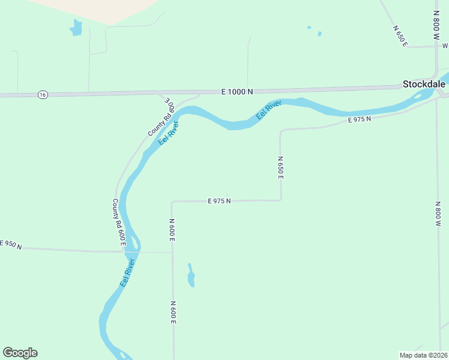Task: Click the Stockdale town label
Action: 423,84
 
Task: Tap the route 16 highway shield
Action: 41,95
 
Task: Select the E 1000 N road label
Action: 237,92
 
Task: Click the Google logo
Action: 20,352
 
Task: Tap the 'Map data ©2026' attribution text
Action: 423,355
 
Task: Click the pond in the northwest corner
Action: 76,28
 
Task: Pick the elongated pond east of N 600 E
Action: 191,276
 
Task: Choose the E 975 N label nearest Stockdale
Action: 360,119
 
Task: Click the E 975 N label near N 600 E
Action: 219,201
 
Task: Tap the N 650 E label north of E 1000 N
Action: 400,36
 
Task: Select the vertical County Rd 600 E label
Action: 118,223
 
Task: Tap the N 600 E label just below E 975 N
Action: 172,230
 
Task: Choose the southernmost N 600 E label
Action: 173,313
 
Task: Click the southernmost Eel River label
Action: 128,272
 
